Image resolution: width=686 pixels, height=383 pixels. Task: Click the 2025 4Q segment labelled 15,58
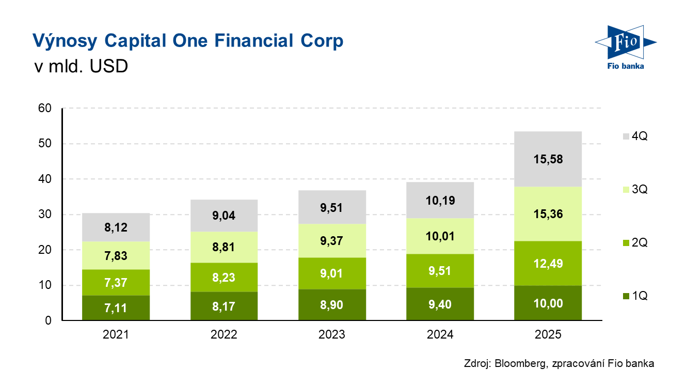(x=548, y=159)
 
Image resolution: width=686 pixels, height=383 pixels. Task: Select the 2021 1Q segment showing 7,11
(x=116, y=308)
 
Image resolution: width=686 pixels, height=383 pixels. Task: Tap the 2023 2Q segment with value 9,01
(x=332, y=273)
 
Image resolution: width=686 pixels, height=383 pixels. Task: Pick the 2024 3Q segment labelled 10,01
(x=440, y=236)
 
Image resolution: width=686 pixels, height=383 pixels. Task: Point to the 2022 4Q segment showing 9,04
(x=224, y=216)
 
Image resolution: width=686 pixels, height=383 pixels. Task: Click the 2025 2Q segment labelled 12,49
(x=548, y=264)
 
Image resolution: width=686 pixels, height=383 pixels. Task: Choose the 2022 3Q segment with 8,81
(x=224, y=247)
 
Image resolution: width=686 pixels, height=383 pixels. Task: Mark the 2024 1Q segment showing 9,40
(x=440, y=304)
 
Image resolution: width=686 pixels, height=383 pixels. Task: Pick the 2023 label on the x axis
(x=332, y=334)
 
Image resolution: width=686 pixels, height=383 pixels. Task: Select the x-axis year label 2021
(x=116, y=334)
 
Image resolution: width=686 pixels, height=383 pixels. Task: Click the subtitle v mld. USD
(x=79, y=67)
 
